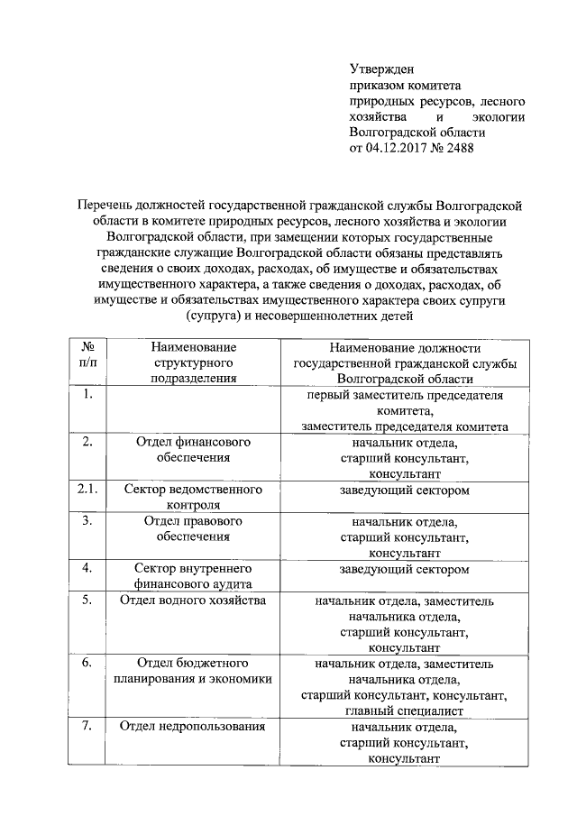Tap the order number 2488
click(459, 149)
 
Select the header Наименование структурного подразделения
click(193, 362)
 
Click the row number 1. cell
click(88, 395)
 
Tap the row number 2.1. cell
click(88, 490)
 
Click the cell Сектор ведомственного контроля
click(193, 497)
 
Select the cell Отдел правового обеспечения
click(193, 528)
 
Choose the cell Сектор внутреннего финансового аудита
click(193, 576)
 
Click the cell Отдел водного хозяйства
click(193, 601)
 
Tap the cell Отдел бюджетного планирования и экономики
click(193, 672)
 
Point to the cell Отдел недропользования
click(193, 727)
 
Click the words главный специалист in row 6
click(405, 711)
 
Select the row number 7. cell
click(88, 727)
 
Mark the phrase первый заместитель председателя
click(405, 395)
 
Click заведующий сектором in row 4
click(405, 569)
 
